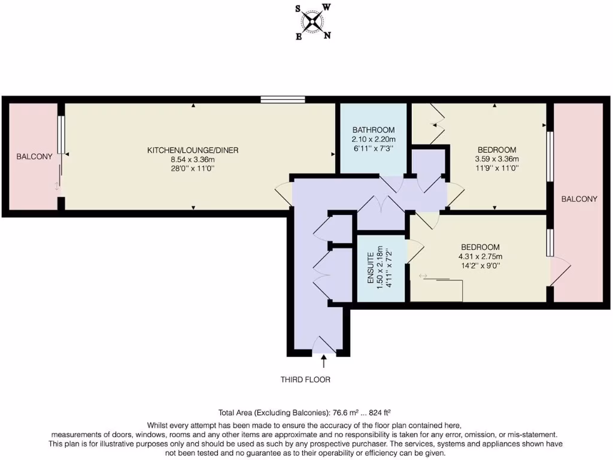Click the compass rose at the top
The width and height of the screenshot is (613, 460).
pyautogui.click(x=312, y=23)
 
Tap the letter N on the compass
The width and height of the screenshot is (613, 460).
pyautogui.click(x=327, y=35)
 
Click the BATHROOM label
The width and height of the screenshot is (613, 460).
pyautogui.click(x=373, y=130)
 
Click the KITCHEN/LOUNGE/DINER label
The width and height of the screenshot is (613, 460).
pyautogui.click(x=193, y=150)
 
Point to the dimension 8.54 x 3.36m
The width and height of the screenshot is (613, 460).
pyautogui.click(x=193, y=159)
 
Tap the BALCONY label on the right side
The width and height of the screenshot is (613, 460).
pyautogui.click(x=578, y=199)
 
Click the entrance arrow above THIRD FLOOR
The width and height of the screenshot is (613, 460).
pyautogui.click(x=324, y=361)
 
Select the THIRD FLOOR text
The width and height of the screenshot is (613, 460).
pyautogui.click(x=305, y=380)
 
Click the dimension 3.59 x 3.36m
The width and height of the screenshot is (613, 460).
pyautogui.click(x=497, y=159)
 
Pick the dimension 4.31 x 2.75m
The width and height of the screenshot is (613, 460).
pyautogui.click(x=480, y=257)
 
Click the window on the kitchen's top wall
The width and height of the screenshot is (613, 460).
pyautogui.click(x=283, y=99)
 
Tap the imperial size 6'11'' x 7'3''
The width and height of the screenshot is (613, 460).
pyautogui.click(x=373, y=149)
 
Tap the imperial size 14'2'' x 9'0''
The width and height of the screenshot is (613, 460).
pyautogui.click(x=480, y=267)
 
